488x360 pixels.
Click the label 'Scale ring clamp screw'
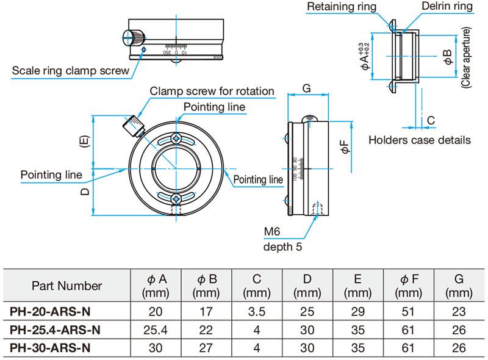click(x=71, y=71)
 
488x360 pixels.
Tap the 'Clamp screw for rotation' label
click(x=212, y=92)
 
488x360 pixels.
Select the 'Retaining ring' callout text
click(x=342, y=7)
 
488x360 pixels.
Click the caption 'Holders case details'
click(x=420, y=140)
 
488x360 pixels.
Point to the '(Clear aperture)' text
click(x=467, y=59)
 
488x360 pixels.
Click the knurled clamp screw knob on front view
click(x=132, y=127)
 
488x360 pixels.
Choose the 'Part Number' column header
click(x=66, y=286)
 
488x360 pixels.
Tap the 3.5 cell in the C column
click(x=256, y=312)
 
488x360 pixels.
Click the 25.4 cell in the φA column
click(x=156, y=330)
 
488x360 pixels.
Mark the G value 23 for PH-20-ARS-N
click(x=459, y=312)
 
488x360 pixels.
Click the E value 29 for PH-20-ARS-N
click(x=357, y=312)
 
